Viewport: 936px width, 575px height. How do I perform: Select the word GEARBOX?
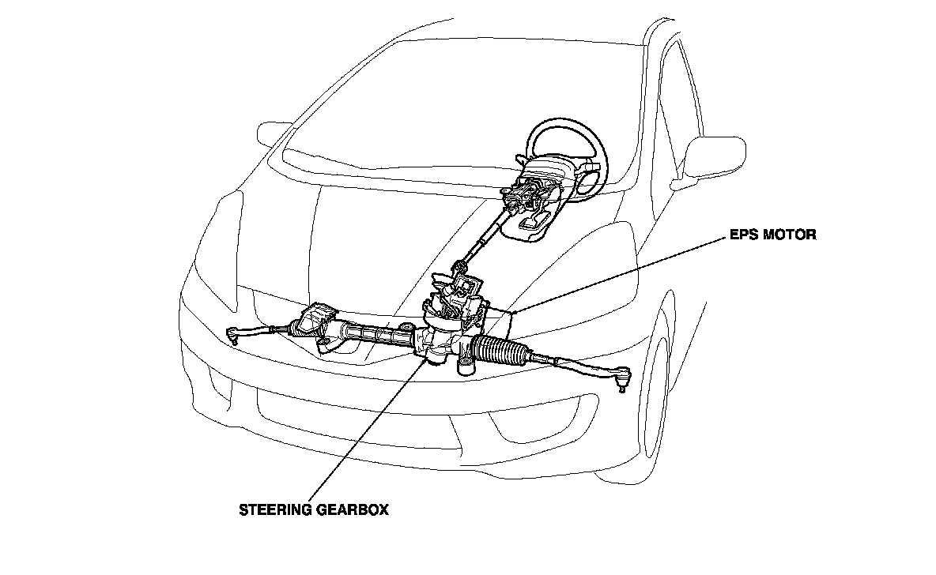pos(353,510)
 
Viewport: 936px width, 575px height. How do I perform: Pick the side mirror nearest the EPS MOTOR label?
pos(715,156)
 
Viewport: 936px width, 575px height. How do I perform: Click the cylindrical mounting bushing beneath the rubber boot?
pos(466,364)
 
